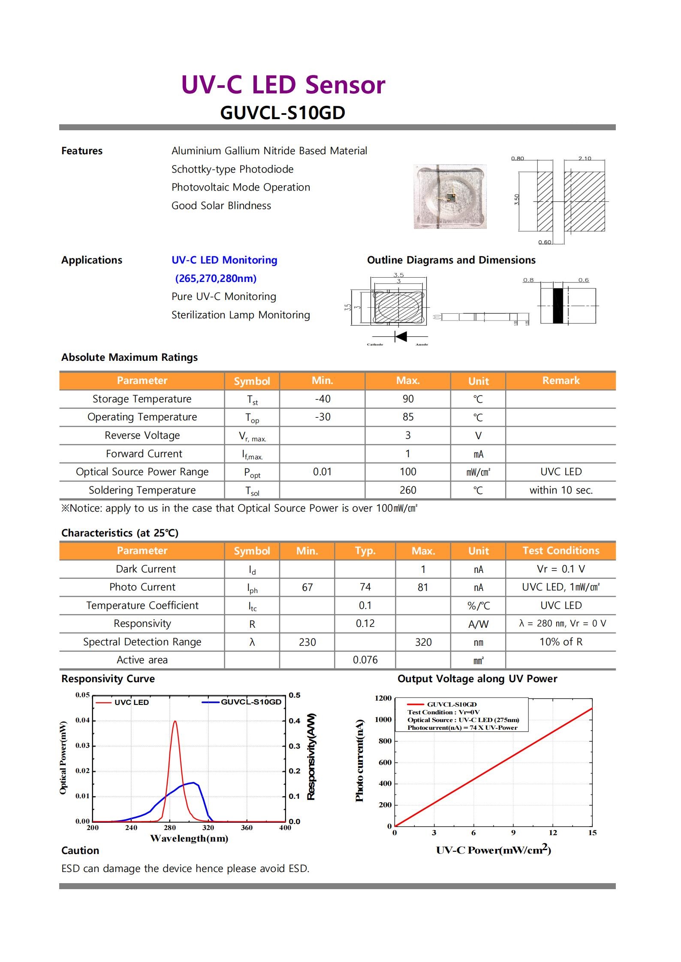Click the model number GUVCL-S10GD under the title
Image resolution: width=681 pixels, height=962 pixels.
point(282,113)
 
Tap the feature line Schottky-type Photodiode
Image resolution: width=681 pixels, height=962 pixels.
point(232,169)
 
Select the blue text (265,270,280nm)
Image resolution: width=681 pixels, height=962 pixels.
point(216,279)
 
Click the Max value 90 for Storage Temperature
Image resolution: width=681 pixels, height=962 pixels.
point(407,399)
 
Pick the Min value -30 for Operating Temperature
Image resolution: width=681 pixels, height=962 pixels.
point(322,417)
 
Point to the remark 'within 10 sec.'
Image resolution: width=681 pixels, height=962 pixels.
point(560,490)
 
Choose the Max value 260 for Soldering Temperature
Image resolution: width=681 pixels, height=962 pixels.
point(407,490)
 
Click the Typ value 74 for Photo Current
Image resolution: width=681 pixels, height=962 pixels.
point(365,587)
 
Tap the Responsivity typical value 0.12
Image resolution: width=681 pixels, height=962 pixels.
point(365,623)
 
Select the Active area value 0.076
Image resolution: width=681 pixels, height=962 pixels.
point(365,660)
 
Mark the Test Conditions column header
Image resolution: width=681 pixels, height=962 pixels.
point(560,551)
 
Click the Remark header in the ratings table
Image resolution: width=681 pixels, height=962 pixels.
point(560,381)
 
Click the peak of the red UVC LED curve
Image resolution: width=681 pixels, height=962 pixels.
point(175,722)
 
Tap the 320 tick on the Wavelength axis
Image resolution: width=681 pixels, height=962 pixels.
point(208,828)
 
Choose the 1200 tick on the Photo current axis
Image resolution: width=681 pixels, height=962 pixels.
point(383,698)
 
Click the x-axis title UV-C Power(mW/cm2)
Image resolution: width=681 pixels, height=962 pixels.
point(493,851)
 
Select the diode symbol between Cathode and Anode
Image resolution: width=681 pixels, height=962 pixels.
point(401,336)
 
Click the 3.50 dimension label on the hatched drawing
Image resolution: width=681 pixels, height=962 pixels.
point(517,200)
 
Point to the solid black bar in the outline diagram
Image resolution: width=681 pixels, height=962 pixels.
point(557,306)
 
